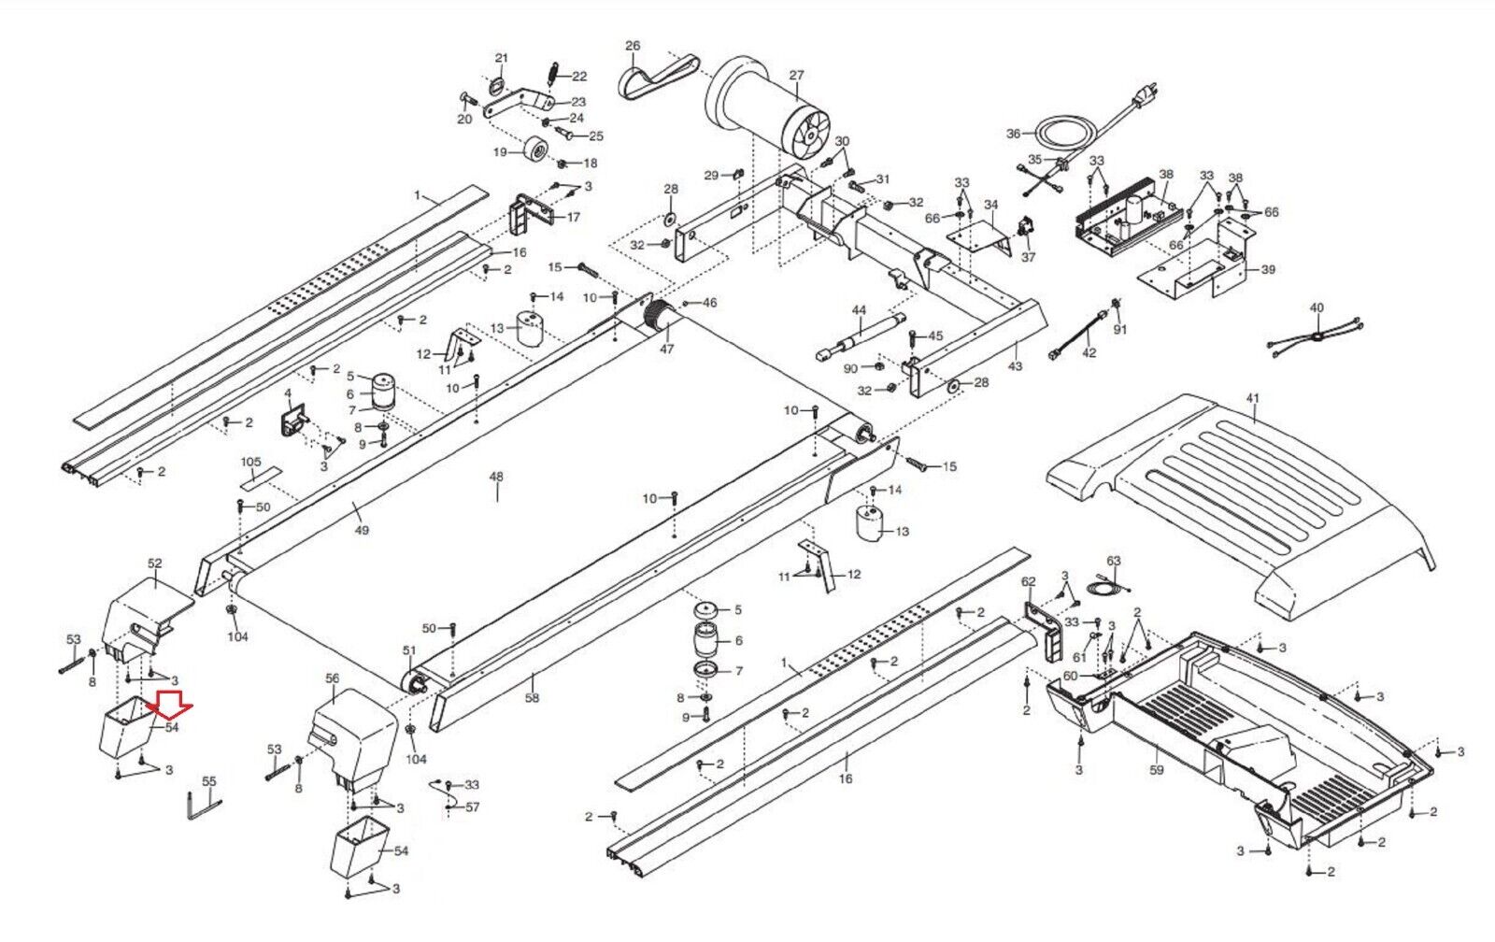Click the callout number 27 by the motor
(x=796, y=76)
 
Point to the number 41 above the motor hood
(x=1252, y=399)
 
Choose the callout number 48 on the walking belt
(x=496, y=478)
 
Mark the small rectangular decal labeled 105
(x=258, y=479)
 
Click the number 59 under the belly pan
(x=1157, y=771)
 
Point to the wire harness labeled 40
(x=1316, y=336)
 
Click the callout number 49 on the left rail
(x=362, y=530)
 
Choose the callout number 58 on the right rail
(x=532, y=698)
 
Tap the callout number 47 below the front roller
(x=666, y=350)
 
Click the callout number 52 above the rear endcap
(x=155, y=564)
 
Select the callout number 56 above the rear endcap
(x=333, y=678)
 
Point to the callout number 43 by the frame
(x=1015, y=366)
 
